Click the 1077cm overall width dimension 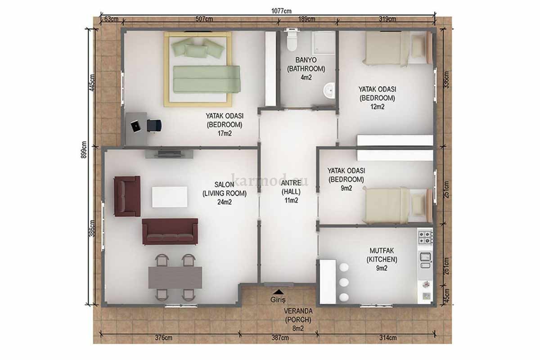pos(281,11)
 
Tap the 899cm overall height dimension pos(84,149)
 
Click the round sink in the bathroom pos(329,90)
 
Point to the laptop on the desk pos(136,126)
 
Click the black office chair pos(154,126)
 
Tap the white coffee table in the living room pos(170,197)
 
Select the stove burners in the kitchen pos(425,238)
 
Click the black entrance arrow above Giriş pos(279,292)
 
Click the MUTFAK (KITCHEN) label pos(382,255)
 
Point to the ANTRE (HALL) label pos(291,187)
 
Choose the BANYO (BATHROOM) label pos(306,64)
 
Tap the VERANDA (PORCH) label pos(298,315)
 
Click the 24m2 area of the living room pos(225,202)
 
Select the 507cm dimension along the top pos(204,19)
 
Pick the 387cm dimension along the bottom pos(280,338)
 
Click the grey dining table pos(175,277)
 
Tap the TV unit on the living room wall pos(169,154)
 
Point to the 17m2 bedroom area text pos(225,133)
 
